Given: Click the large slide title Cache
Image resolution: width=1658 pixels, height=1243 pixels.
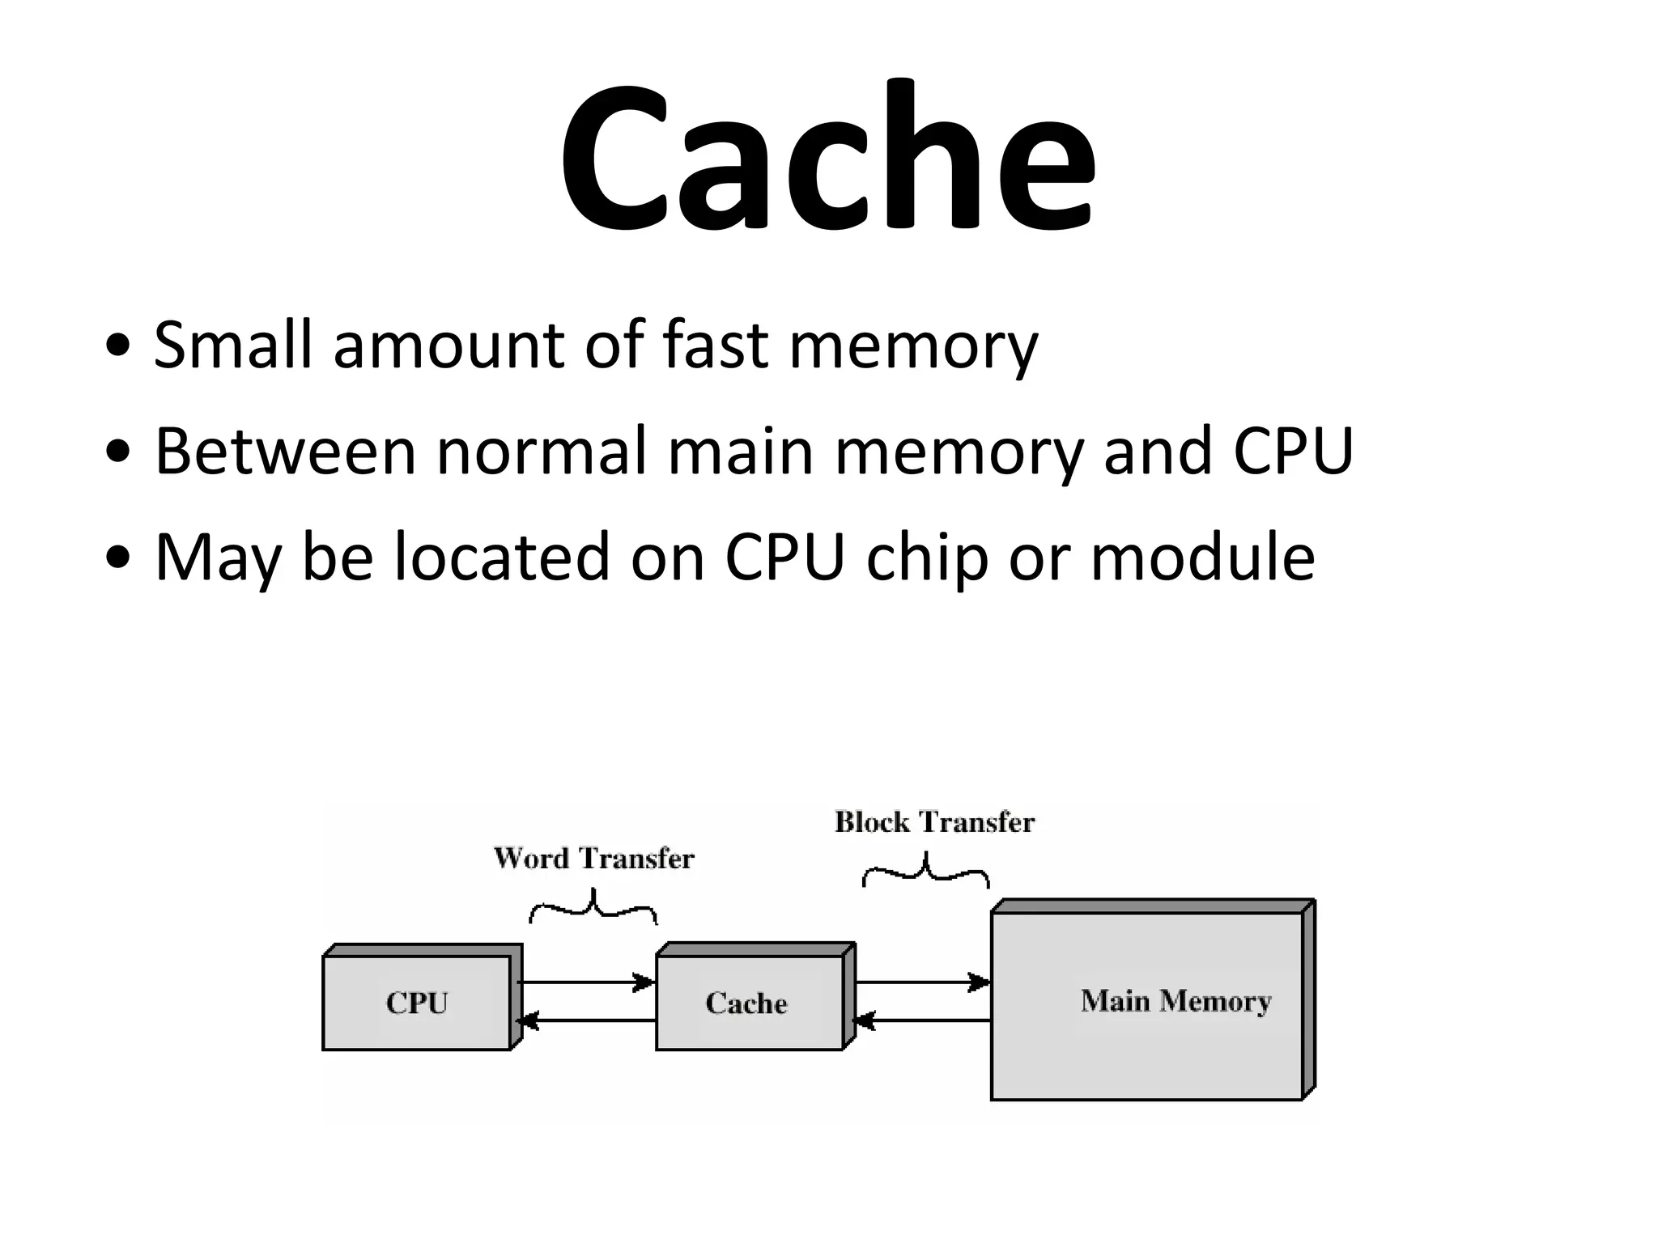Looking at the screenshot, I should click(827, 154).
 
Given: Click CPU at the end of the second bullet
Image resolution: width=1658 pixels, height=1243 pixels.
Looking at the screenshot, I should click(1293, 452).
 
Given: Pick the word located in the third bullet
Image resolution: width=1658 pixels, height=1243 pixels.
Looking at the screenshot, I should click(501, 558).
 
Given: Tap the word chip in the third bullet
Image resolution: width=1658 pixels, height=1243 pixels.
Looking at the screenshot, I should click(926, 558).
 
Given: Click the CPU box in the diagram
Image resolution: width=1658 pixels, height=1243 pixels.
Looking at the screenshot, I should click(417, 1003).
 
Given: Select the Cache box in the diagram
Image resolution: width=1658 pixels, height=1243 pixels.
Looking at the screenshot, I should click(746, 1003).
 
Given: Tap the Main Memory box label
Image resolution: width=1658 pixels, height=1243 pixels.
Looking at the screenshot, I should click(1175, 1001).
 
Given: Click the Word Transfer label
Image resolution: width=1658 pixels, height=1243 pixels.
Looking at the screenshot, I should click(593, 859).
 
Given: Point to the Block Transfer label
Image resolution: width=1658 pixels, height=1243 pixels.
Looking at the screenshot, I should click(934, 822).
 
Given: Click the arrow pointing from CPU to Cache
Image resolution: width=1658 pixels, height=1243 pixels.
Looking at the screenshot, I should click(586, 983).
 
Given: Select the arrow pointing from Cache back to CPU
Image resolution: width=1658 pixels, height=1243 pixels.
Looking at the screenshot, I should click(586, 1021).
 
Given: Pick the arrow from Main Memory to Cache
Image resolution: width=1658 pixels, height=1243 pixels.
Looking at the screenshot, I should click(923, 1021).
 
